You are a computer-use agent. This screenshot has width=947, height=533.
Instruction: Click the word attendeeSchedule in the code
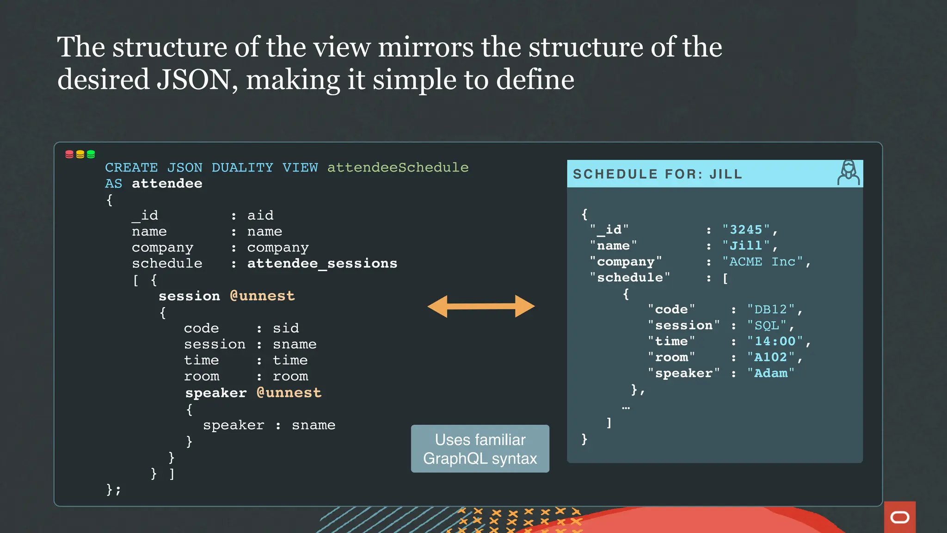tap(398, 167)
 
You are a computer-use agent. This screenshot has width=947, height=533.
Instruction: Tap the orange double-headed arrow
tap(481, 306)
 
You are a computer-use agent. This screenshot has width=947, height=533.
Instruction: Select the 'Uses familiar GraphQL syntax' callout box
tap(480, 448)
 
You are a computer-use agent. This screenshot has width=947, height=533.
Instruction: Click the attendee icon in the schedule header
tap(849, 173)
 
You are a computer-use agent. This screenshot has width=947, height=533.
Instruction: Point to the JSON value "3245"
tap(746, 229)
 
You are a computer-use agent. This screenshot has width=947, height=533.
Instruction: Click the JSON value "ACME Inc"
tap(763, 261)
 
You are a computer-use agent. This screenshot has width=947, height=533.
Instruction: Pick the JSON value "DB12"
tap(771, 309)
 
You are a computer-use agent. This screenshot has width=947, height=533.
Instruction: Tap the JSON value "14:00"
tap(775, 341)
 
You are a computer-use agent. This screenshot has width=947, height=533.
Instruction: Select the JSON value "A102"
tap(771, 357)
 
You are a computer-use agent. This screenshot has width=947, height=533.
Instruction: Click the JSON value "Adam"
tap(771, 373)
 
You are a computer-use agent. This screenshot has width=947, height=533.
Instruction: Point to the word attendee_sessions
tap(322, 263)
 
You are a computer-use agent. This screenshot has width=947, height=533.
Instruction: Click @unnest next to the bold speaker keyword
tap(289, 392)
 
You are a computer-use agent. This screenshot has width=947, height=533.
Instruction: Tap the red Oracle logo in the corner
tap(899, 517)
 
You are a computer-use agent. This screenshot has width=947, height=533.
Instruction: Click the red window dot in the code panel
tap(69, 154)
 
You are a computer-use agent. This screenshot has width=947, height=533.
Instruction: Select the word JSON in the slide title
tap(193, 79)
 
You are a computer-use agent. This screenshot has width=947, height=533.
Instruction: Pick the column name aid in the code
tap(260, 215)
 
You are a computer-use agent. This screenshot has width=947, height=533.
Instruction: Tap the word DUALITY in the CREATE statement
tap(242, 167)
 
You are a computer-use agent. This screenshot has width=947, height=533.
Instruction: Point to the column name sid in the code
tap(286, 328)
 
